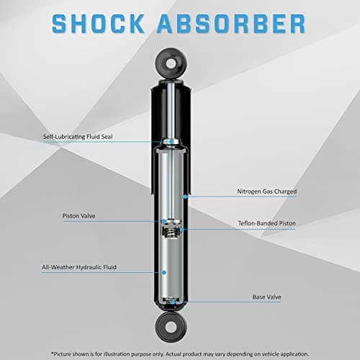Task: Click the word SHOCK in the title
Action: coord(98,24)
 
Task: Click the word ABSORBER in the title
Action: coord(231,24)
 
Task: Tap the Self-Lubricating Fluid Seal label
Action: coord(78,137)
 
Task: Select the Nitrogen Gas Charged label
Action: coord(267,192)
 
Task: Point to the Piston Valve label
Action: coord(78,216)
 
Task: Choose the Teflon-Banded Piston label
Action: coord(266,223)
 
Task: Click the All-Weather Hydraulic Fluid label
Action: coord(79,267)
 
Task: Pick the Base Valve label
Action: coord(266,297)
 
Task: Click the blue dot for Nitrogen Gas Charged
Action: coord(185,197)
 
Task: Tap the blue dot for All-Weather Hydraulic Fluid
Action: coord(164,272)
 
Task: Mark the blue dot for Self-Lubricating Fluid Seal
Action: coord(171,142)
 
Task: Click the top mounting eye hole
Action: coord(171,63)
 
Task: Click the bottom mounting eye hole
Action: coord(171,328)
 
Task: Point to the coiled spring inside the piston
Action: coord(171,232)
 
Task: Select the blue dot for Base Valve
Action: coord(173,302)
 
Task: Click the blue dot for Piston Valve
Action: coord(164,221)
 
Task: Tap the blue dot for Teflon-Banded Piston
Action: coord(181,230)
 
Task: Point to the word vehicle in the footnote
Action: coord(271,354)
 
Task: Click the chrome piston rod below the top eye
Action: coord(171,110)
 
